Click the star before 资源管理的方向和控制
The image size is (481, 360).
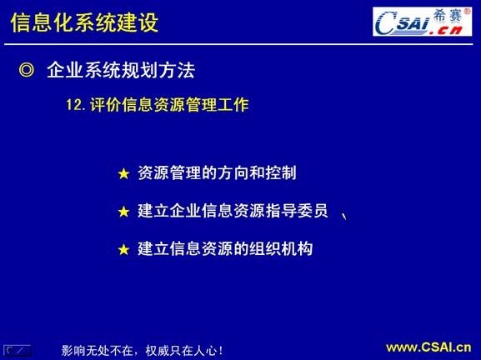(123, 174)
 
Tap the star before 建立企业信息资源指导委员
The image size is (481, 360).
(123, 212)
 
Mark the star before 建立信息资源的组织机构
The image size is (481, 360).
(123, 249)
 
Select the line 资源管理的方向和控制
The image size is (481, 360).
(217, 173)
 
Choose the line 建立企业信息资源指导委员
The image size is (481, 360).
(233, 211)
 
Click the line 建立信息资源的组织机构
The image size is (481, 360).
(224, 248)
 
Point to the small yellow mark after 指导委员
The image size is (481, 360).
(344, 216)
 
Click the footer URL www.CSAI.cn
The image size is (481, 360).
(428, 347)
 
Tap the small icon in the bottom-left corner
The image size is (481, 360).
(18, 349)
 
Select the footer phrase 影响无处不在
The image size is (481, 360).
(99, 351)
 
